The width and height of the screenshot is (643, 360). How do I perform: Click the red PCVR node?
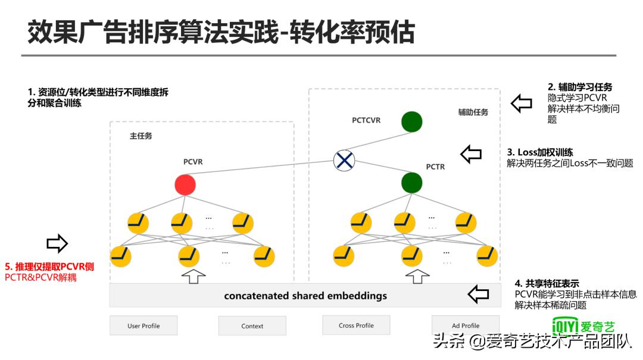coord(185,185)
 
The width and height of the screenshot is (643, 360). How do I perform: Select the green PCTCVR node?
coord(411,121)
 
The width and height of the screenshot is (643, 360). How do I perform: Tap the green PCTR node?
coord(411,182)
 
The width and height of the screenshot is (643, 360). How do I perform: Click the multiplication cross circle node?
coord(344,160)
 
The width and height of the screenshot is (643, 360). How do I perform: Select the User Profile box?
coord(143,325)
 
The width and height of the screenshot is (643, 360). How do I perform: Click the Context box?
coord(252,325)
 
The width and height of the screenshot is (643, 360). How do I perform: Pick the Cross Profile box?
coord(356,325)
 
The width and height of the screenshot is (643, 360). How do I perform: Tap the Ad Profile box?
coord(466,325)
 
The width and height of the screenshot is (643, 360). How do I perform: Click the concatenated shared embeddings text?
coord(305,296)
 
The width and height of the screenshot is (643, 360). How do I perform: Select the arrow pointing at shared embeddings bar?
coord(478,293)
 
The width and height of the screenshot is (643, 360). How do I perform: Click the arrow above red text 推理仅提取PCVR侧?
coord(57,243)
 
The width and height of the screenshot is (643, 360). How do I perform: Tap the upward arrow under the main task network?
coord(192,276)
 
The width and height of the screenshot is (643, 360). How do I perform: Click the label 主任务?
coord(141,136)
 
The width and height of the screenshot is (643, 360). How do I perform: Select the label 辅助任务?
coord(473,112)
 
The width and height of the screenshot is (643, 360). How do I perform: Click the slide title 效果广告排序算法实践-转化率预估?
coord(221,33)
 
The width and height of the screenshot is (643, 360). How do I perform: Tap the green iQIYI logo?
coord(583,326)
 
